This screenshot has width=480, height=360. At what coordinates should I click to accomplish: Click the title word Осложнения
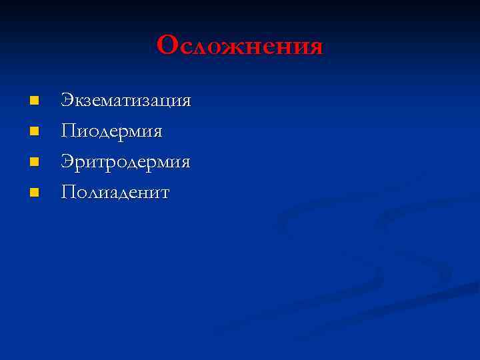[x=240, y=46]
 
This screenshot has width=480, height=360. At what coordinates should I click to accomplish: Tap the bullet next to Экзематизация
[x=35, y=101]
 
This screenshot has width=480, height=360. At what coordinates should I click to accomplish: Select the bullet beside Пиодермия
[x=35, y=131]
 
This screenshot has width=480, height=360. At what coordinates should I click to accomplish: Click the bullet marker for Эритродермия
[x=35, y=162]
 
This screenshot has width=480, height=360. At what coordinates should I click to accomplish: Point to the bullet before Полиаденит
[x=35, y=193]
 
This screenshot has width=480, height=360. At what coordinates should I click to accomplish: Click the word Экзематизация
[x=126, y=101]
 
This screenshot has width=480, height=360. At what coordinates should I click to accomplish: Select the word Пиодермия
[x=111, y=132]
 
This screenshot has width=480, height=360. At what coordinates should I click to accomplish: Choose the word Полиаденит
[x=115, y=193]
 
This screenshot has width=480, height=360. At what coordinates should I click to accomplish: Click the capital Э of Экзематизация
[x=67, y=101]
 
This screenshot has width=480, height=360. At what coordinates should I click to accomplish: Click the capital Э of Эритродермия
[x=67, y=162]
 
